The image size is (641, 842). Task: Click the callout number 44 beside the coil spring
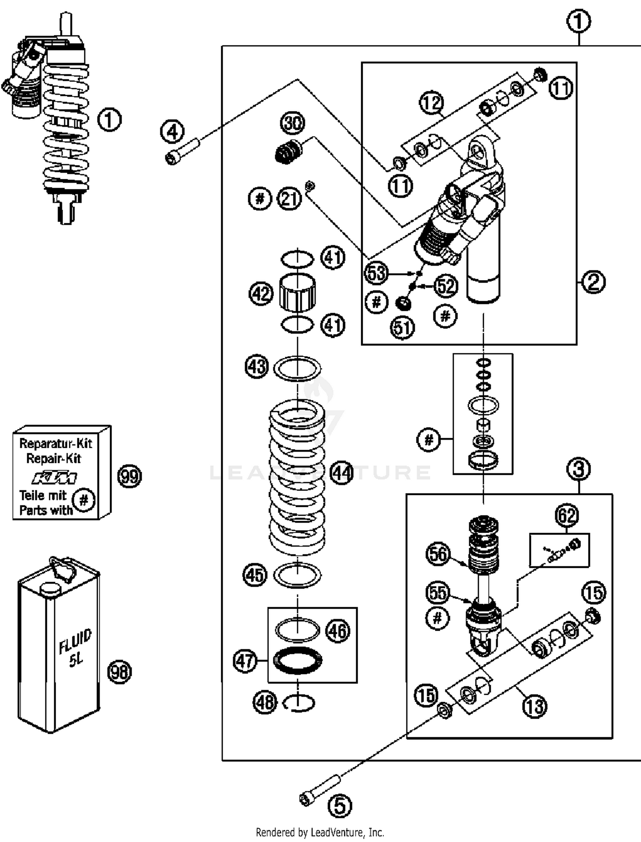tap(342, 473)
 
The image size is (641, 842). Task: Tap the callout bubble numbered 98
tap(120, 672)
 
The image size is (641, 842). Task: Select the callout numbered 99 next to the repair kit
tap(129, 476)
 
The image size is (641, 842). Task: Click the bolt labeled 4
tap(182, 151)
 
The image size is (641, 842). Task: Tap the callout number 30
tap(293, 123)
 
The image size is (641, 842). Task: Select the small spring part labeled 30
tap(288, 152)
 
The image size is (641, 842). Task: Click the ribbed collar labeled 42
tap(297, 293)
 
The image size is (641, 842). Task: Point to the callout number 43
tap(257, 367)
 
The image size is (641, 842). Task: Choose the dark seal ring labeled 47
tap(297, 661)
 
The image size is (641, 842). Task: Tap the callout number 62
tap(567, 515)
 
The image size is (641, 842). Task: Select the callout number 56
tap(438, 554)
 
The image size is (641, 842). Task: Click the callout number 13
tap(535, 706)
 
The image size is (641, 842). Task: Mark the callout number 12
tap(431, 103)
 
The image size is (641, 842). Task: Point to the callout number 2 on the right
tap(594, 282)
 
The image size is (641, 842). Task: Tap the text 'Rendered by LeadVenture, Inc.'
tap(320, 833)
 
